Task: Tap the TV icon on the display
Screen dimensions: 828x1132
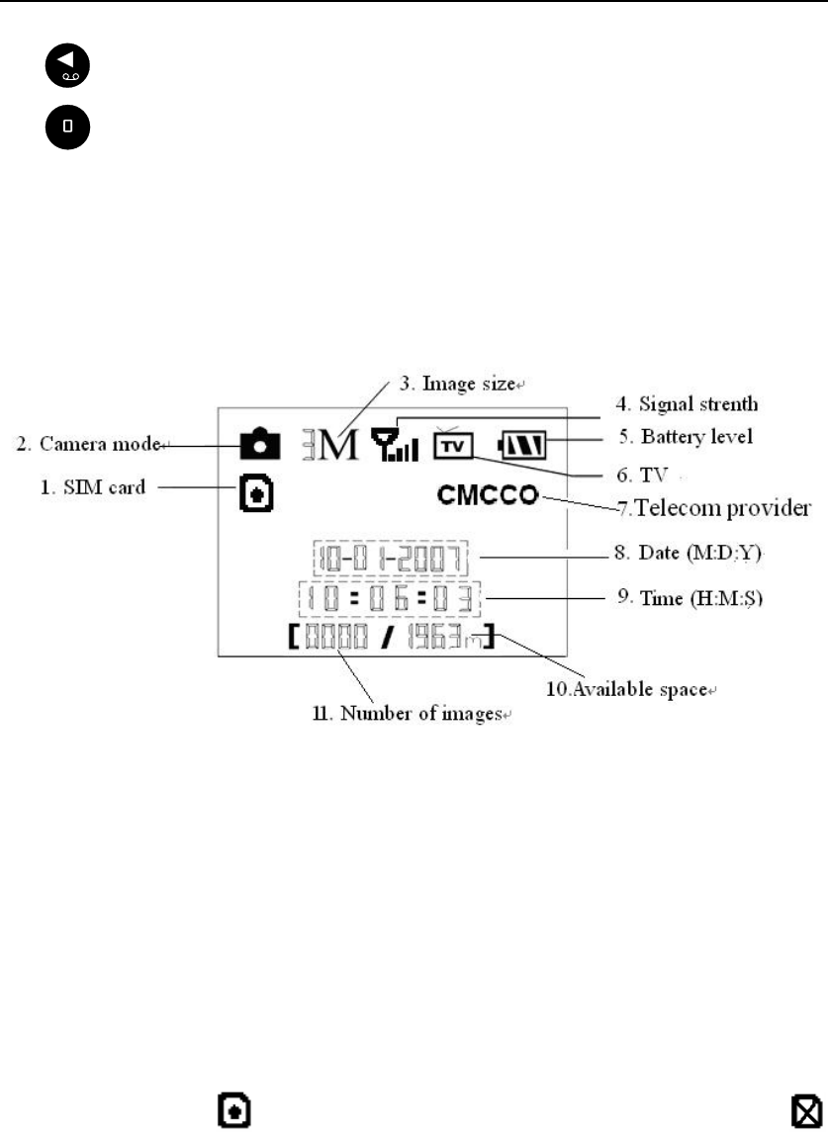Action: pyautogui.click(x=453, y=445)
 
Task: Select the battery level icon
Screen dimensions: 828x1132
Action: pyautogui.click(x=524, y=447)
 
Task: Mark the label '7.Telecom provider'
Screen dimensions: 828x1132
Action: pyautogui.click(x=714, y=507)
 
